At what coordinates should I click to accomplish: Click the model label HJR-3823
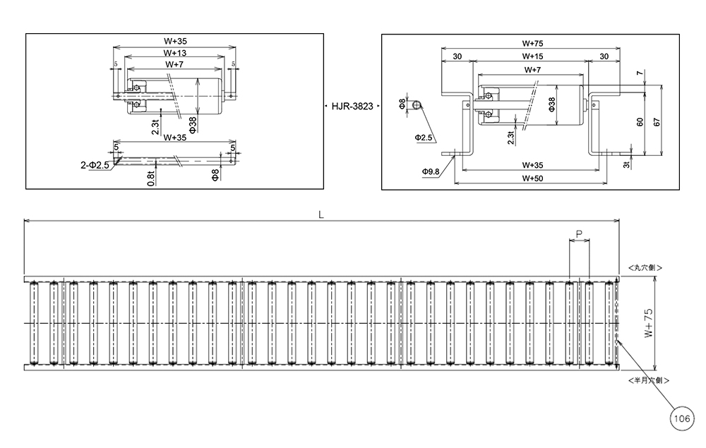pyautogui.click(x=352, y=107)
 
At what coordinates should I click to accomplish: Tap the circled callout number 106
pyautogui.click(x=681, y=420)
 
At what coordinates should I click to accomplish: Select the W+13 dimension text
pyautogui.click(x=174, y=53)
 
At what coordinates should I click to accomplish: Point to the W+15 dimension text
pyautogui.click(x=533, y=56)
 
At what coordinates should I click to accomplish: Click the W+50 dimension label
pyautogui.click(x=533, y=178)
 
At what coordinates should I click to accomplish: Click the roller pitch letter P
pyautogui.click(x=579, y=234)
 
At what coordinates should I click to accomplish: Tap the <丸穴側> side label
pyautogui.click(x=645, y=268)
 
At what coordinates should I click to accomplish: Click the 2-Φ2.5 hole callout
pyautogui.click(x=95, y=165)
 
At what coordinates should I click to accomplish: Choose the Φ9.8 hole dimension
pyautogui.click(x=431, y=171)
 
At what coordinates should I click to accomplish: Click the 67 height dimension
pyautogui.click(x=657, y=121)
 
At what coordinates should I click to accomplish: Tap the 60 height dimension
pyautogui.click(x=640, y=121)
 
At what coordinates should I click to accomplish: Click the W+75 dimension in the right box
pyautogui.click(x=533, y=43)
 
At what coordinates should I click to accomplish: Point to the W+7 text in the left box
pyautogui.click(x=174, y=64)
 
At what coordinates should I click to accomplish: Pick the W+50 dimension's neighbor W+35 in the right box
pyautogui.click(x=533, y=165)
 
